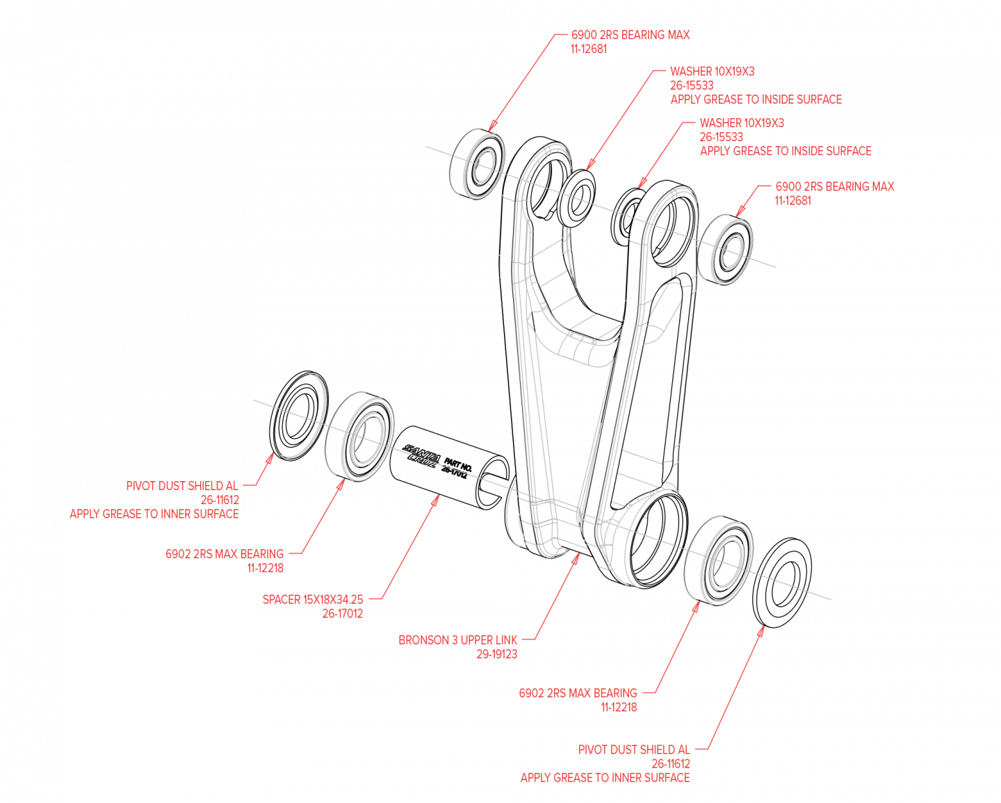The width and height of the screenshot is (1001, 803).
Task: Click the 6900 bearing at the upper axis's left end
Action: (482, 165)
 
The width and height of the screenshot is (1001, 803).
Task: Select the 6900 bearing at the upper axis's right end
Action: (729, 252)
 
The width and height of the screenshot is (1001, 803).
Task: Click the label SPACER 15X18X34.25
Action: (312, 599)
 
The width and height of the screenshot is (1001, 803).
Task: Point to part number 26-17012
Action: (342, 614)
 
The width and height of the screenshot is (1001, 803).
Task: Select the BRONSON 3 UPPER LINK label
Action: (457, 640)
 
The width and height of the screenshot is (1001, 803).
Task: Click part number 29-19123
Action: (496, 654)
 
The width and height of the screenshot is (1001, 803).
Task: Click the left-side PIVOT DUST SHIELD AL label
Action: (182, 485)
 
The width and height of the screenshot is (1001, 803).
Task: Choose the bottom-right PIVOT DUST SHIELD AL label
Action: (634, 749)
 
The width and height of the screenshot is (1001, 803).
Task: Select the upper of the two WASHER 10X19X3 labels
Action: (712, 71)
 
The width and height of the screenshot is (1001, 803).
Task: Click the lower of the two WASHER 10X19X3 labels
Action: (742, 122)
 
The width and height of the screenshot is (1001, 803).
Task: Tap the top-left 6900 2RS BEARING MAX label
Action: (630, 35)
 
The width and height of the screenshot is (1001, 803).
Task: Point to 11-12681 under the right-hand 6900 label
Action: (792, 201)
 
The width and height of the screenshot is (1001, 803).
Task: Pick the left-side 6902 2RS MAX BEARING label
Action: (225, 553)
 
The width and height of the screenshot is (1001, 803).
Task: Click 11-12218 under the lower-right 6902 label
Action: (619, 708)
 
